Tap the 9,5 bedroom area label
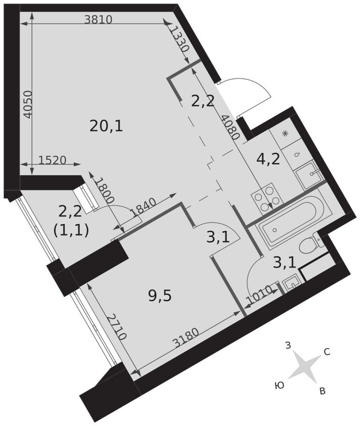160,295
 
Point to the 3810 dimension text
98,20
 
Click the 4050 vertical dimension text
28,105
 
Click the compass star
303,365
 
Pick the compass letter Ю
279,385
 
